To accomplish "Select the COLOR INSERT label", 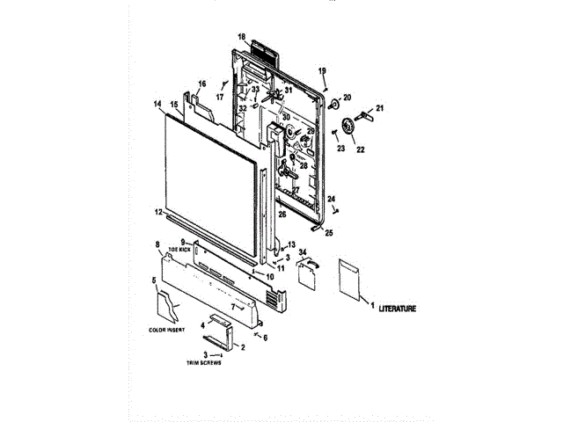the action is [167, 330].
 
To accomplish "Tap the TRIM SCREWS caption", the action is [203, 362].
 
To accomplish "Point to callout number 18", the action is [241, 37].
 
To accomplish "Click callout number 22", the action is [359, 149].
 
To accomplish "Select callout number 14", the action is [157, 105].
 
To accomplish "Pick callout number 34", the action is [303, 253].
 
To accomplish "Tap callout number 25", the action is [329, 233].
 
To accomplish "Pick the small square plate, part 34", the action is [306, 275].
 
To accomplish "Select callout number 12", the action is [157, 212].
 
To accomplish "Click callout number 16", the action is [201, 84].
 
